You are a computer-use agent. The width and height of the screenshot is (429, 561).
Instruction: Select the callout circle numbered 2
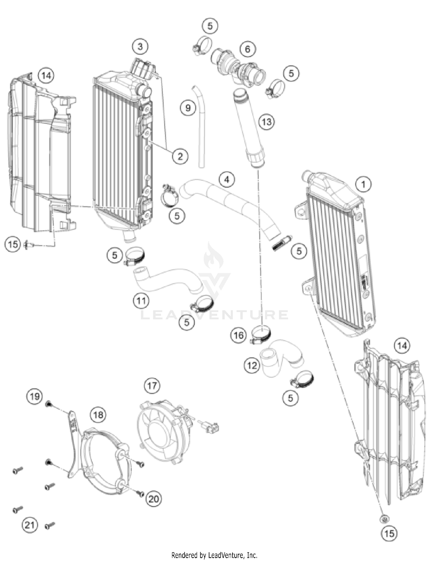180,156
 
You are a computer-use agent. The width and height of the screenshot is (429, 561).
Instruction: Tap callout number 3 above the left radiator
140,46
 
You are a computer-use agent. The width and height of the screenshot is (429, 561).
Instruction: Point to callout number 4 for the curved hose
227,180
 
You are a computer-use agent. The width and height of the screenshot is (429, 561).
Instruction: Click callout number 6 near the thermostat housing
247,49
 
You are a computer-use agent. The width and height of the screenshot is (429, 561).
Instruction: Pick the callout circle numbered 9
188,108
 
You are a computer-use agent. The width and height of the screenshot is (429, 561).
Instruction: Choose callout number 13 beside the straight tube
266,122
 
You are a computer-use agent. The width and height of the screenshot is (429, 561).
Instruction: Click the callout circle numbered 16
239,335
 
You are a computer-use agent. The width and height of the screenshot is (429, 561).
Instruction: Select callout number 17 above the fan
152,385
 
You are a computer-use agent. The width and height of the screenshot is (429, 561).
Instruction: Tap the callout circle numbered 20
154,499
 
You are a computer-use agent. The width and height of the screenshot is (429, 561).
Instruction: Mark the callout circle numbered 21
29,525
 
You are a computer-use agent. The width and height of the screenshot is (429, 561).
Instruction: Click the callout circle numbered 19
35,396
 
